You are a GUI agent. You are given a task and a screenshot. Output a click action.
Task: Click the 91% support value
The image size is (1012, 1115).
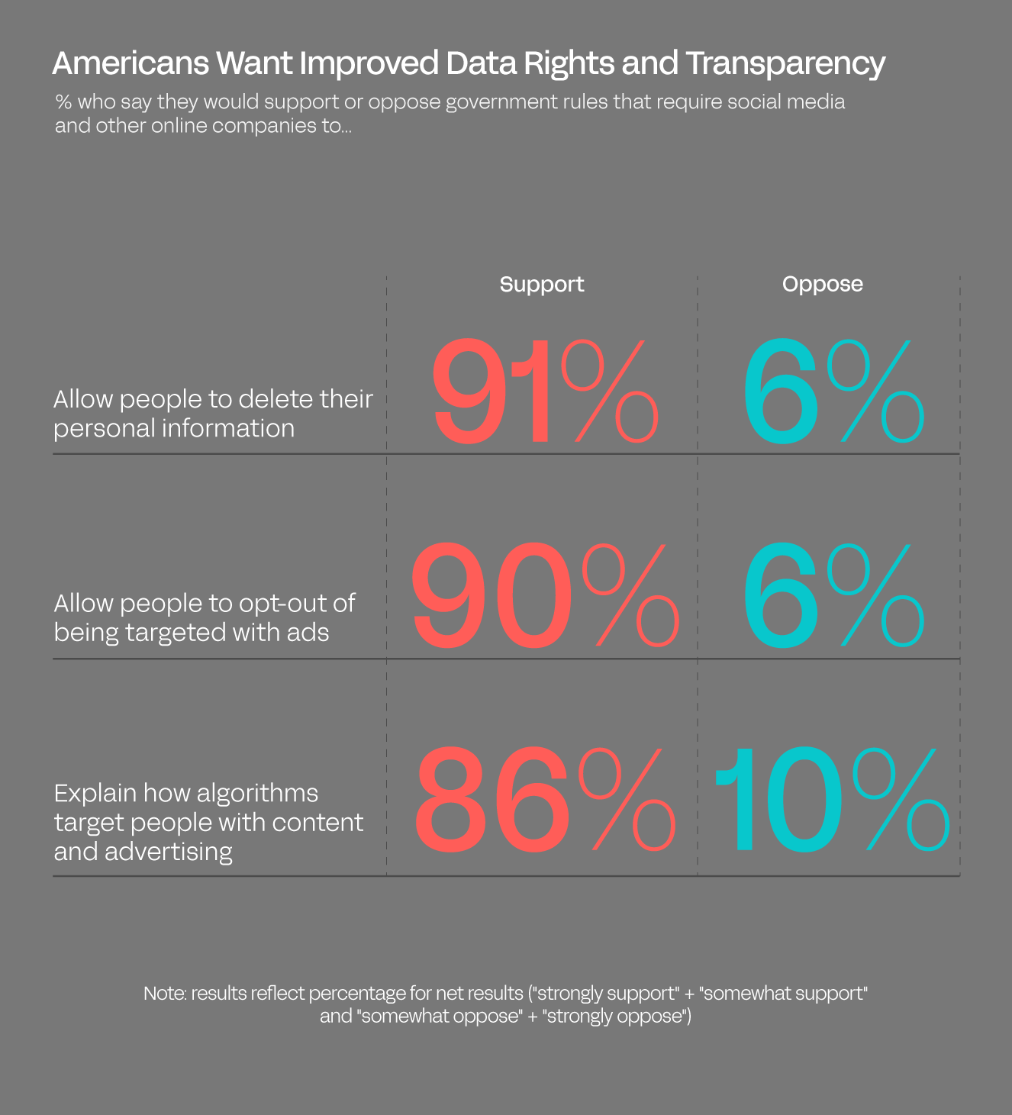pyautogui.click(x=543, y=392)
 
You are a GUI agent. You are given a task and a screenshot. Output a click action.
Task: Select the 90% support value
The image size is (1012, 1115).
pyautogui.click(x=543, y=595)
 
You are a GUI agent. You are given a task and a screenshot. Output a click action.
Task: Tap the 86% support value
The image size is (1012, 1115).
pyautogui.click(x=543, y=800)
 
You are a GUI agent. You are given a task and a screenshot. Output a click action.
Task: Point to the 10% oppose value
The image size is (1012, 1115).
pyautogui.click(x=830, y=800)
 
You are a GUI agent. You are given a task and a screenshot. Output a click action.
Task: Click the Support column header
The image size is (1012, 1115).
pyautogui.click(x=542, y=284)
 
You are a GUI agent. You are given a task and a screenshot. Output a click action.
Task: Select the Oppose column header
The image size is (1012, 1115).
pyautogui.click(x=822, y=284)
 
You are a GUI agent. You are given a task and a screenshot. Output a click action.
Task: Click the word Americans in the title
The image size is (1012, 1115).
pyautogui.click(x=131, y=63)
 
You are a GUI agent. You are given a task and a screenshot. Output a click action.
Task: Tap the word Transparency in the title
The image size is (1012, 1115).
pyautogui.click(x=785, y=64)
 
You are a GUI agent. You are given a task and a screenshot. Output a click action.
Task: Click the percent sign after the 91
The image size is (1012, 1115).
pyautogui.click(x=609, y=392)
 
